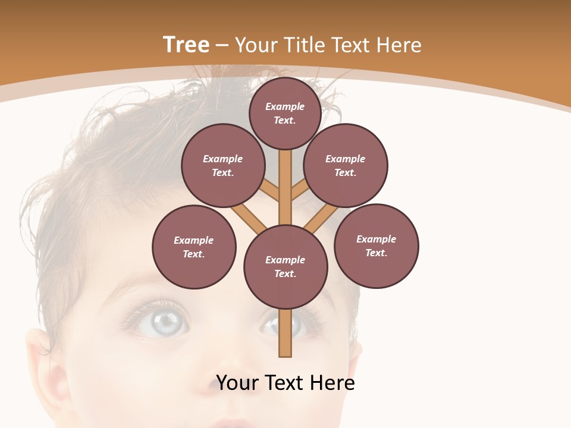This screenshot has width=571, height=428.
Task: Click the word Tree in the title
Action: click(186, 45)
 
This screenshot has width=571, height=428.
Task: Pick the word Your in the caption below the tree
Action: click(237, 382)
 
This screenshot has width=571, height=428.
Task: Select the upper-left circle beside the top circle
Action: click(222, 165)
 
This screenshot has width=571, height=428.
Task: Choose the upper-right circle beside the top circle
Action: click(346, 165)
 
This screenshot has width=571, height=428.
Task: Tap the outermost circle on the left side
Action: click(194, 247)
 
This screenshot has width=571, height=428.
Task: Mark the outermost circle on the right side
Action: click(376, 246)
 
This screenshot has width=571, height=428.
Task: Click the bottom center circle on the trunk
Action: click(285, 267)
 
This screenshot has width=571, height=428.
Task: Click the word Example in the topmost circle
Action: click(285, 106)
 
